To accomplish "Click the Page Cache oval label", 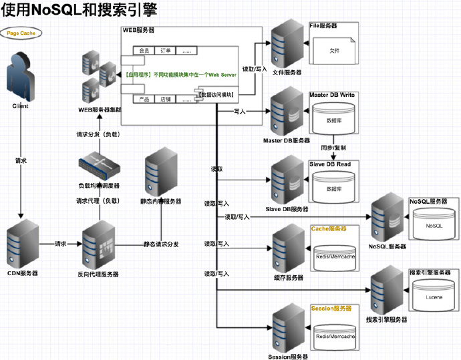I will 20,33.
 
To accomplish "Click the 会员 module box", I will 143,50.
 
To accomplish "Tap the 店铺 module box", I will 165,99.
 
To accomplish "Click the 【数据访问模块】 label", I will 216,95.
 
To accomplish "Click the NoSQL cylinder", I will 434,225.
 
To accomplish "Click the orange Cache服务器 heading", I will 329,228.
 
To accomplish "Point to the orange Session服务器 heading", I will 331,309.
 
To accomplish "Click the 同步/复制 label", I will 333,147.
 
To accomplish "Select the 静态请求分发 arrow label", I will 161,244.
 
